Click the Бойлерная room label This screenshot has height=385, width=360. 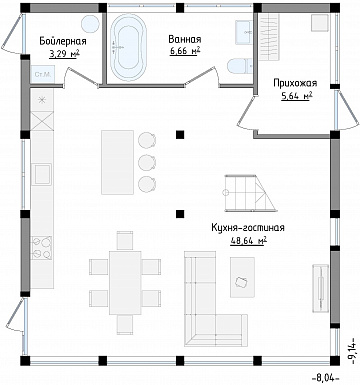pyautogui.click(x=63, y=41)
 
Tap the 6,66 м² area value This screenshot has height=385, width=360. pyautogui.click(x=185, y=51)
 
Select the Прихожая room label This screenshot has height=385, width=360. pyautogui.click(x=295, y=83)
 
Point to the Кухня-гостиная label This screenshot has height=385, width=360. pyautogui.click(x=248, y=228)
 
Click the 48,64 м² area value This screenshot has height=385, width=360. pyautogui.click(x=248, y=241)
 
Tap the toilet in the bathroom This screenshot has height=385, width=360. pyautogui.click(x=240, y=66)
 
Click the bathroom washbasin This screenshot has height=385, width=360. pyautogui.click(x=243, y=32)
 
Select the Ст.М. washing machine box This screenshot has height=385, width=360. pyautogui.click(x=42, y=74)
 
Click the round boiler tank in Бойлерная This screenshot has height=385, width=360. pyautogui.click(x=90, y=23)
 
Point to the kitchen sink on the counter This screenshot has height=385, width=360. pyautogui.click(x=42, y=174)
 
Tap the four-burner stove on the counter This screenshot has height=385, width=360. pyautogui.click(x=41, y=248)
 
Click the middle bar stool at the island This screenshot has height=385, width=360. pyautogui.click(x=147, y=162)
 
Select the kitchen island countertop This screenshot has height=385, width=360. pyautogui.click(x=117, y=162)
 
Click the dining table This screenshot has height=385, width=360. pyautogui.click(x=125, y=283)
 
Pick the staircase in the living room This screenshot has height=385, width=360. pyautogui.click(x=250, y=193)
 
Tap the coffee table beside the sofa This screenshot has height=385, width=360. pyautogui.click(x=242, y=277)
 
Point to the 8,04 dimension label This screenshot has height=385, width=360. pyautogui.click(x=326, y=378)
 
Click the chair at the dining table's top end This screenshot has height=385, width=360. pyautogui.click(x=125, y=240)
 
